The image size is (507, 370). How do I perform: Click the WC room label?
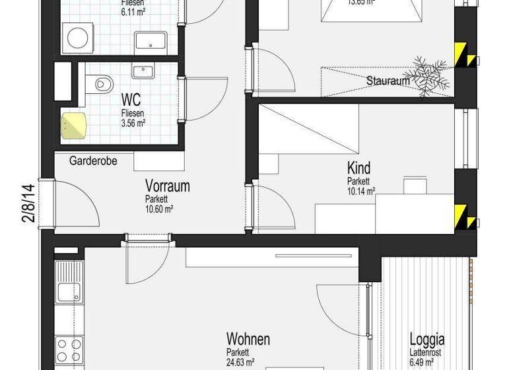pyautogui.click(x=131, y=100)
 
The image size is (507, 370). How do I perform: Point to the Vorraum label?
pyautogui.click(x=167, y=186)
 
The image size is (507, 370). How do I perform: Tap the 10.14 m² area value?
pyautogui.click(x=361, y=192)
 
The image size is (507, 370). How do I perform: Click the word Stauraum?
pyautogui.click(x=388, y=81)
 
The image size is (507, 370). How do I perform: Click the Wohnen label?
pyautogui.click(x=248, y=340)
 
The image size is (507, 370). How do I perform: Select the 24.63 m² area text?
pyautogui.click(x=240, y=362)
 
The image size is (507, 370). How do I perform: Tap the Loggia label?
pyautogui.click(x=426, y=340)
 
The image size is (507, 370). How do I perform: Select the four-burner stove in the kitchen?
pyautogui.click(x=68, y=350)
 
